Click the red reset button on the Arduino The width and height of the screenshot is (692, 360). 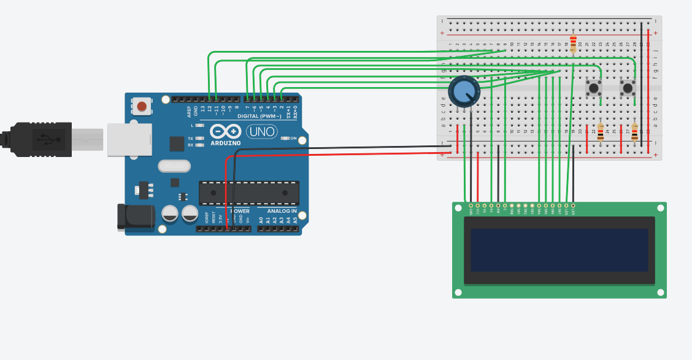(x=142, y=106)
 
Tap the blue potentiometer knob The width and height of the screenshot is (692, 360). (x=464, y=91)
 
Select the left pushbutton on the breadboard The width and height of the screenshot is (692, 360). (x=593, y=88)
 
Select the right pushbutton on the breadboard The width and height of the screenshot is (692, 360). (x=628, y=88)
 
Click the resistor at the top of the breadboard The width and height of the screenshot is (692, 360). (x=573, y=44)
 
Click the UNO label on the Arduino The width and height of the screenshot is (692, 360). (x=263, y=131)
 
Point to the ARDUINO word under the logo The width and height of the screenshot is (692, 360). (x=225, y=144)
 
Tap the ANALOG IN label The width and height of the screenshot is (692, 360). (x=282, y=211)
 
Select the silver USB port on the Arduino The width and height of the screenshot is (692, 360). (x=129, y=139)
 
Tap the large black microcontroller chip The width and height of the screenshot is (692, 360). (x=248, y=193)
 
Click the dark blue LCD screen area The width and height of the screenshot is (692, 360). (x=559, y=250)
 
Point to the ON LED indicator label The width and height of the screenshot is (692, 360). (x=293, y=139)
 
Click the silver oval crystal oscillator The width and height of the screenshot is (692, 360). (x=174, y=166)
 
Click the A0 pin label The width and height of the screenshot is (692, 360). (x=261, y=219)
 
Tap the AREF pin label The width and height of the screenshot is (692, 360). (x=189, y=111)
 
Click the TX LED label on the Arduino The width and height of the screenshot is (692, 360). (x=191, y=139)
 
